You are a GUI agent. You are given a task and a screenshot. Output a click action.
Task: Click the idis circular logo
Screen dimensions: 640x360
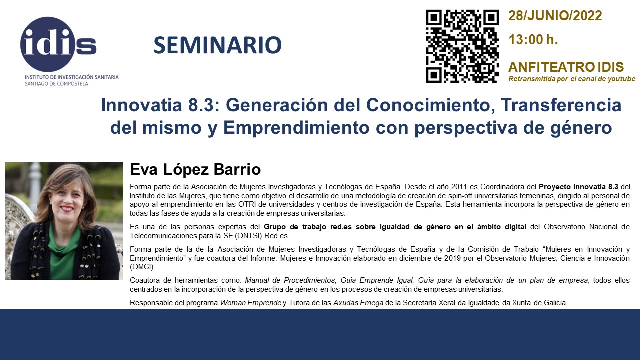tap(48, 44)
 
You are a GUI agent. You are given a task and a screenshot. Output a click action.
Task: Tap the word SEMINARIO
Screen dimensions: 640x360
tap(217, 45)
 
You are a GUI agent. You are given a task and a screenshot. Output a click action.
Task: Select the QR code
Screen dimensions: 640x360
tap(462, 46)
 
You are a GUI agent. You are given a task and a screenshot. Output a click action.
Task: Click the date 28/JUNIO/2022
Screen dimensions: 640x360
tap(555, 15)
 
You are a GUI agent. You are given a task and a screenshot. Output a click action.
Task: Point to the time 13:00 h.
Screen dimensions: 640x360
tap(533, 39)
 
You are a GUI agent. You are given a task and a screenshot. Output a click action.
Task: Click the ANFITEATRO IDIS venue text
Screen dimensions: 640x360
tap(566, 67)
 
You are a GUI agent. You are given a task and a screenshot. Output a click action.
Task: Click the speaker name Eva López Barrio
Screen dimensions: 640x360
tap(195, 169)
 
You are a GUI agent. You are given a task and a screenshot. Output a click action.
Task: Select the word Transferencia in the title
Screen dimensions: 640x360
tap(561, 105)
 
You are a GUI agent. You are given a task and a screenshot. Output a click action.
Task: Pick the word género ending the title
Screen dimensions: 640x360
tap(581, 128)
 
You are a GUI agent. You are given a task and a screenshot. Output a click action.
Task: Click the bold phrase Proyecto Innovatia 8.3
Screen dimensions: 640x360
tap(578, 187)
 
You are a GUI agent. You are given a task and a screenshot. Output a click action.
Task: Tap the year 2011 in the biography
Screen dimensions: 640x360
tap(459, 187)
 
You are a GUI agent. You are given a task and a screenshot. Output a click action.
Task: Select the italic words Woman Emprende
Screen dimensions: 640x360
tap(250, 303)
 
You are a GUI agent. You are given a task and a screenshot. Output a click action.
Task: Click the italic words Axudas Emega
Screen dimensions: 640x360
tap(358, 303)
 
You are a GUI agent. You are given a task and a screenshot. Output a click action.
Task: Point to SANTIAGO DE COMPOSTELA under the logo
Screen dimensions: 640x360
tap(56, 84)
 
